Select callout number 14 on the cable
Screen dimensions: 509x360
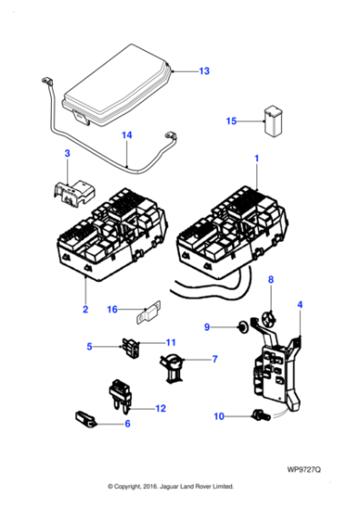click(x=127, y=135)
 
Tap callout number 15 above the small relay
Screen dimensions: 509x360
click(x=231, y=120)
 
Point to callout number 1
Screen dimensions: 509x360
click(x=256, y=158)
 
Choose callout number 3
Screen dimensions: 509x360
click(x=66, y=155)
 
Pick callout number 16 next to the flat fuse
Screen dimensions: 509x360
click(x=112, y=309)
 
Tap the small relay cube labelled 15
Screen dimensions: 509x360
click(x=272, y=121)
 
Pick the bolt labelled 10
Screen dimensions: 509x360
click(x=259, y=416)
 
